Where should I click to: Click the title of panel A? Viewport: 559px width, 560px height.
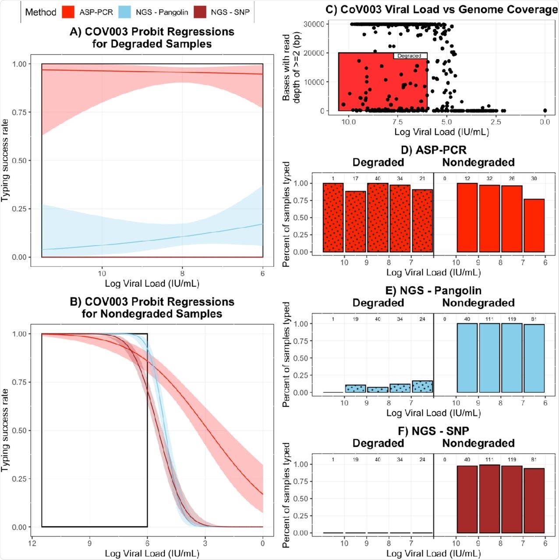[152, 38]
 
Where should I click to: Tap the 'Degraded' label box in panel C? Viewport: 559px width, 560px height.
[409, 56]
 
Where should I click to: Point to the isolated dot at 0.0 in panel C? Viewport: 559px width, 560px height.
[545, 111]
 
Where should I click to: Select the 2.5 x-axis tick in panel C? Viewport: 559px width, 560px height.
[495, 122]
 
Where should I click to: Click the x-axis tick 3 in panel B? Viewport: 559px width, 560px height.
[205, 543]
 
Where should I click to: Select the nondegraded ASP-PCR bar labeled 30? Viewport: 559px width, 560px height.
[534, 225]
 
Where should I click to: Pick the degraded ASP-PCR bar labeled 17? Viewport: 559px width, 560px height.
[355, 221]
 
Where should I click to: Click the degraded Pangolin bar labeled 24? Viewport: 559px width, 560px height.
[422, 387]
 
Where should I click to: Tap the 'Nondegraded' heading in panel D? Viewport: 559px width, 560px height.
[478, 162]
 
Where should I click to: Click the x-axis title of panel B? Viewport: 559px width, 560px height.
[152, 553]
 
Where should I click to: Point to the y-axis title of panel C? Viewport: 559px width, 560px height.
[291, 68]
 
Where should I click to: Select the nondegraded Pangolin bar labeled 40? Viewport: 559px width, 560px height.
[467, 358]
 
